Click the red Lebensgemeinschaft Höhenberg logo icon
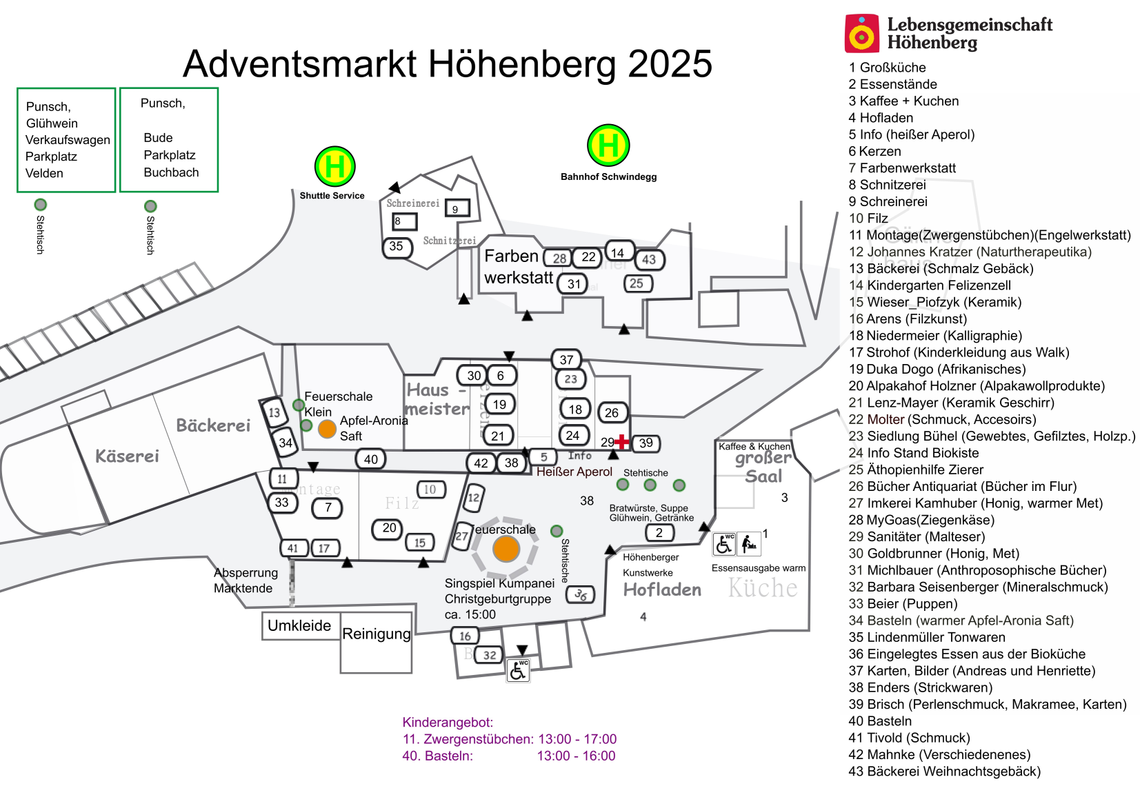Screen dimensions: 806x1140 pos(861,33)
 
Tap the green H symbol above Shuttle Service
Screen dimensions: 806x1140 pos(334,167)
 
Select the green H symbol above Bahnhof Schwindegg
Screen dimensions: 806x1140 pos(608,145)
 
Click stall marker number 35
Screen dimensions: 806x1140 pos(396,246)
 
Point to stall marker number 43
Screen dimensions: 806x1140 pos(649,260)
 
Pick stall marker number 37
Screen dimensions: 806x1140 pos(566,359)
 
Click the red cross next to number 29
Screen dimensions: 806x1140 pos(622,441)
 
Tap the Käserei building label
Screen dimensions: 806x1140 pos(127,456)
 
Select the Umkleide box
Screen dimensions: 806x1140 pos(300,626)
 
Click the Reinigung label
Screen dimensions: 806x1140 pos(377,634)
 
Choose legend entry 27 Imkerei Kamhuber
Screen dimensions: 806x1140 pos(975,503)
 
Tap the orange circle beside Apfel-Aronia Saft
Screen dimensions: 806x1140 pos(327,429)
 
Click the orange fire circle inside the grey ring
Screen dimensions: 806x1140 pos(506,550)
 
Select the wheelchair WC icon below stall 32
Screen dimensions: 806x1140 pos(518,669)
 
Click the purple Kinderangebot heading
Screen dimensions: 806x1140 pos(448,723)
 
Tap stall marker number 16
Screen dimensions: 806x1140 pos(465,636)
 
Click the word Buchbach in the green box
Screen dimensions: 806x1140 pos(171,172)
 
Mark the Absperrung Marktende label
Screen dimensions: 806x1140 pos(246,581)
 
